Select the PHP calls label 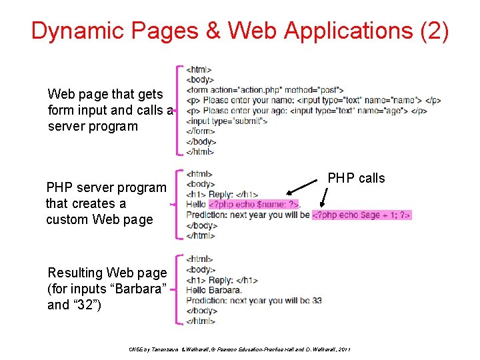356,178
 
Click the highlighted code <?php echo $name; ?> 254,204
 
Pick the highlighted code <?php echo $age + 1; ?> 362,215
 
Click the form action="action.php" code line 265,90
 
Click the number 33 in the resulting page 316,301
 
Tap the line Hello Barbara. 214,290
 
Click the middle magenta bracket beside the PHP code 178,204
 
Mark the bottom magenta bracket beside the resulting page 178,289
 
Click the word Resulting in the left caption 75,273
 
